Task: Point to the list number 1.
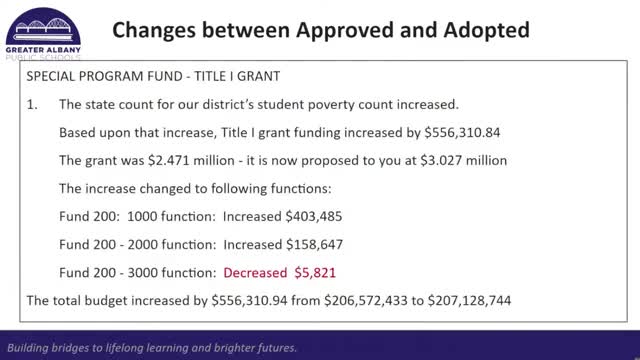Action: [33, 104]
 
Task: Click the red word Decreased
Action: [256, 271]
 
